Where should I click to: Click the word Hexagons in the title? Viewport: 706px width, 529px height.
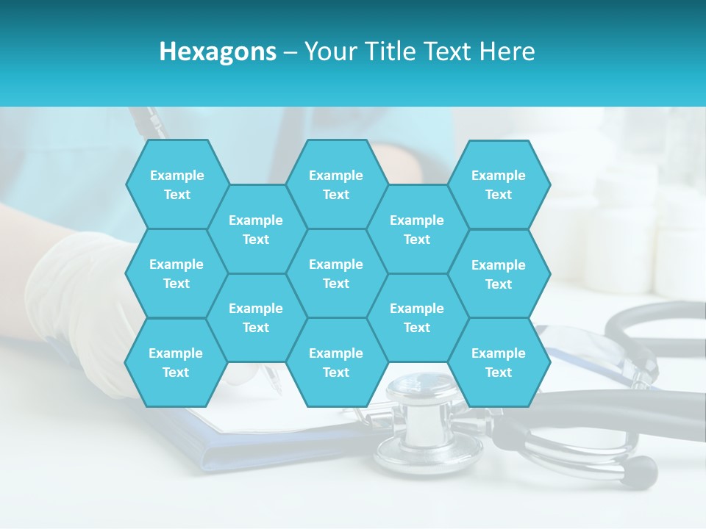tap(218, 51)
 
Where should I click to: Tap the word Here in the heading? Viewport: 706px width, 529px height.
tap(507, 51)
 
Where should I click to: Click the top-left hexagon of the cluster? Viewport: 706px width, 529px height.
tap(176, 184)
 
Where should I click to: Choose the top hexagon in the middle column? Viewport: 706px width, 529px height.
tap(336, 184)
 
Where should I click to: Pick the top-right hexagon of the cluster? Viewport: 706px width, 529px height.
tap(499, 184)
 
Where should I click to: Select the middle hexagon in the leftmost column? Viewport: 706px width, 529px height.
tap(176, 273)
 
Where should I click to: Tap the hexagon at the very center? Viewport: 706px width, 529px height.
tap(336, 273)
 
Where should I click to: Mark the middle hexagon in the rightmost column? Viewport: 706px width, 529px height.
tap(499, 274)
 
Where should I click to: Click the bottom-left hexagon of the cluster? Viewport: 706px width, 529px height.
tap(176, 362)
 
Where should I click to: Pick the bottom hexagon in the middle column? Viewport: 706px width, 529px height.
tap(336, 362)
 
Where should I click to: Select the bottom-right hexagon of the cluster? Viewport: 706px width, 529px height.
tap(499, 362)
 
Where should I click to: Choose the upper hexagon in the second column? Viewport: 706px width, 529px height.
tap(256, 229)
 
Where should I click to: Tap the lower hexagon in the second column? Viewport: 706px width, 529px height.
tap(256, 317)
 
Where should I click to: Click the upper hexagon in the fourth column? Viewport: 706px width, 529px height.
tap(417, 229)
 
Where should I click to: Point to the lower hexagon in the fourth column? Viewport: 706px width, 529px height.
tap(417, 317)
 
